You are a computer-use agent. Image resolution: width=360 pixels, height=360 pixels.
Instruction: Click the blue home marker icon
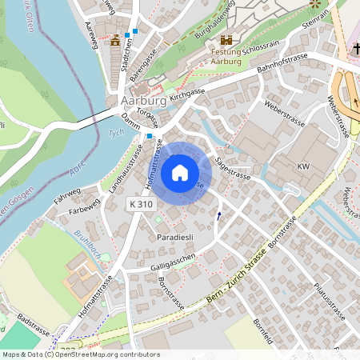click(180, 172)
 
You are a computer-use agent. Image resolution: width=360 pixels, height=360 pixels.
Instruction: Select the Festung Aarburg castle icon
click(226, 39)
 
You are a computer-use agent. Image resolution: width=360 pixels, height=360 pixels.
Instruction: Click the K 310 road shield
click(142, 206)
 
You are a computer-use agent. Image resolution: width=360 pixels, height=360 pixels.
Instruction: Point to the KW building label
click(302, 166)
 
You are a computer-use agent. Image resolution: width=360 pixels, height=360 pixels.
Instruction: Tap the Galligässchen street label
click(172, 265)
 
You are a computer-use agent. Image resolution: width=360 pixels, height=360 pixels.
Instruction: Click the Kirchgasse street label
click(189, 95)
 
